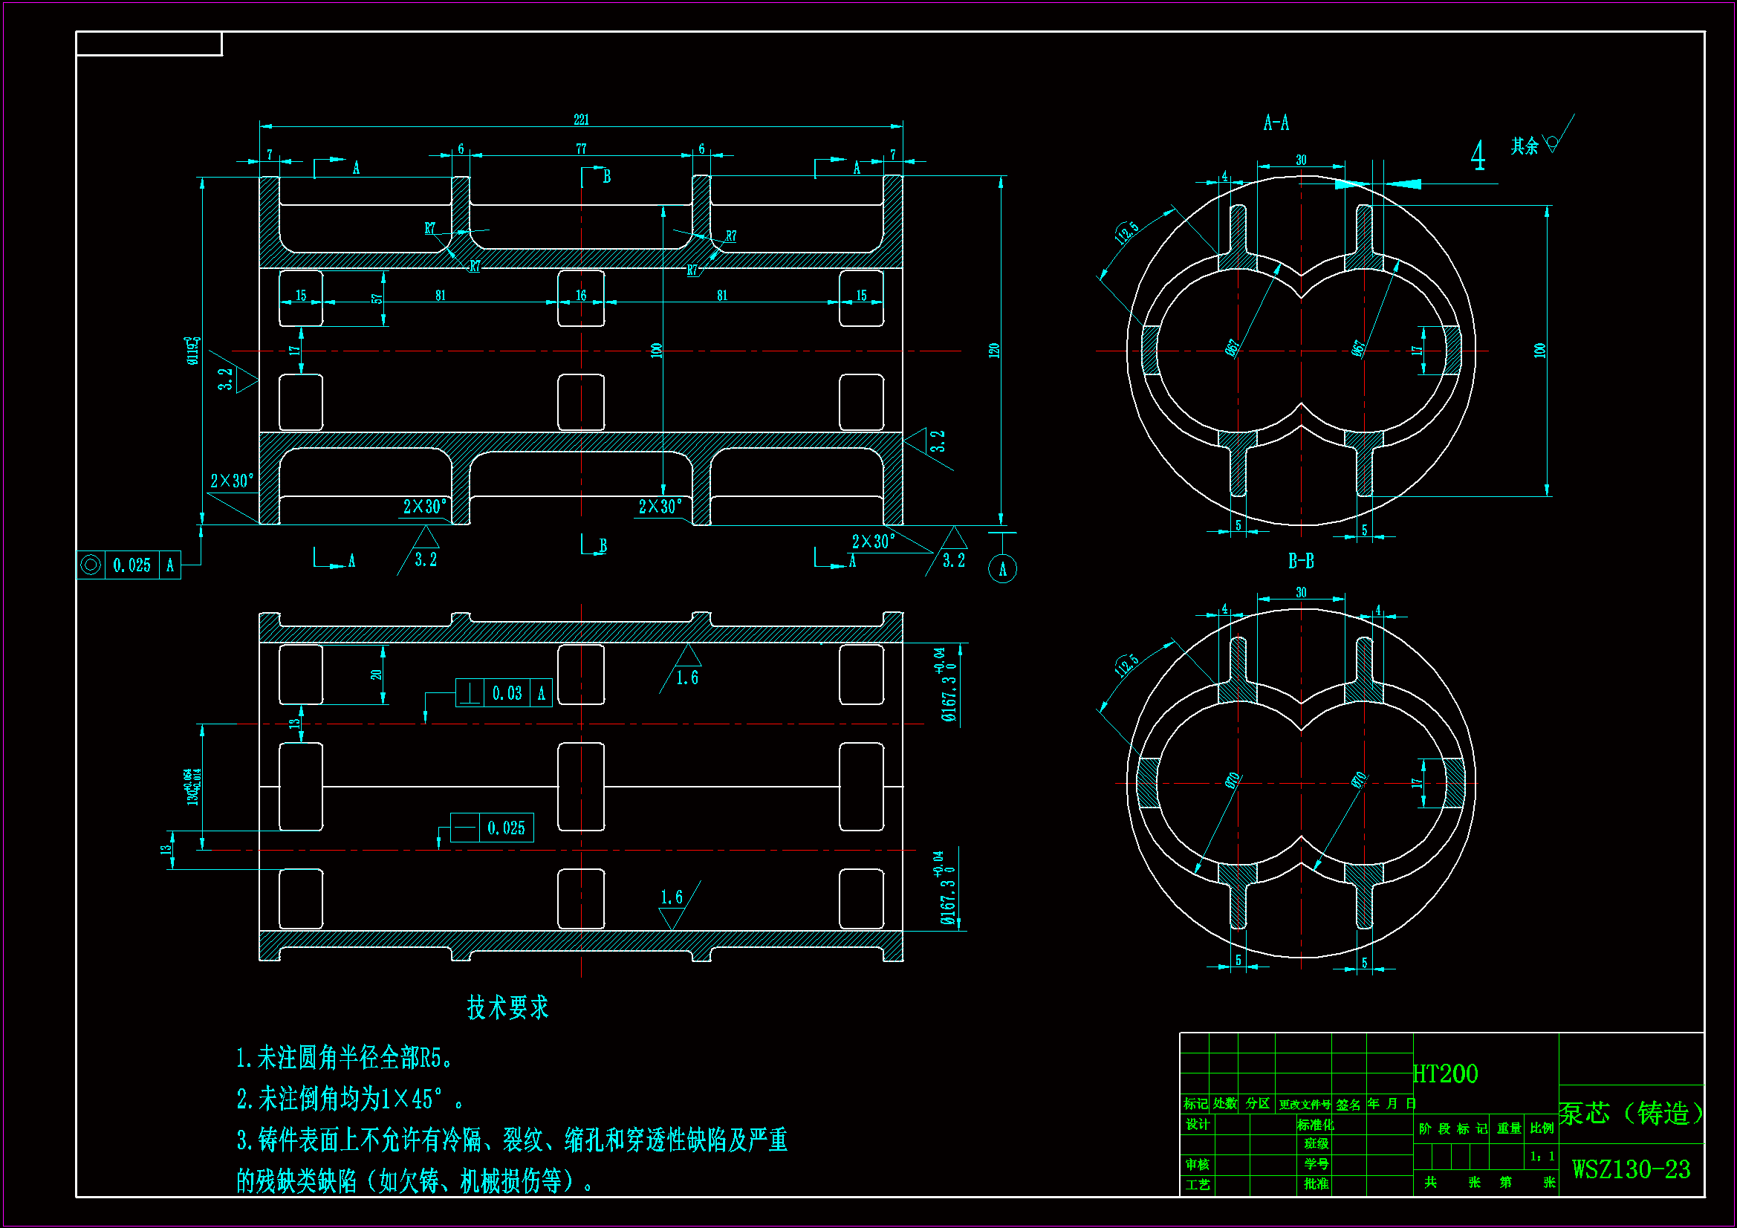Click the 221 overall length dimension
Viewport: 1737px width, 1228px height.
tap(580, 120)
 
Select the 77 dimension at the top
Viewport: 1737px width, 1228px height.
tap(580, 149)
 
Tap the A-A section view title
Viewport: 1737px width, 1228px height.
tap(1276, 123)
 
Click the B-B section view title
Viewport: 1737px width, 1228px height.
tap(1300, 562)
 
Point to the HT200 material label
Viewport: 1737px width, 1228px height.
tap(1445, 1073)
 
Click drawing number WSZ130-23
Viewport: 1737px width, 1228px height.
tap(1630, 1170)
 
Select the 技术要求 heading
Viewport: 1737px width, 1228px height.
tap(507, 1008)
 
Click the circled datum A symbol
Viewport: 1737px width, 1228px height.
tap(1002, 569)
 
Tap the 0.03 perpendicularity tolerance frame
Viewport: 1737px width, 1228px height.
tap(504, 693)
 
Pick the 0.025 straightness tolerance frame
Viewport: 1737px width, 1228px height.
tap(492, 828)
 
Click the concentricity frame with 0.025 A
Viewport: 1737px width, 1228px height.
tap(129, 565)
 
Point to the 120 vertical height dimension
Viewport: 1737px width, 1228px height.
tap(994, 351)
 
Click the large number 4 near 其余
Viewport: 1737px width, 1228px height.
tap(1478, 156)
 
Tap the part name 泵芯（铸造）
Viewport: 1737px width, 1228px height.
tap(1630, 1113)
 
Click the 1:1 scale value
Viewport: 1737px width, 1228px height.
tap(1541, 1156)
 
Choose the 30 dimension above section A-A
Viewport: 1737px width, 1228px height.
tap(1300, 160)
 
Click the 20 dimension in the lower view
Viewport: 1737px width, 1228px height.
tap(376, 674)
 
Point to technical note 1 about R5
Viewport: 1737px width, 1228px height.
tap(344, 1058)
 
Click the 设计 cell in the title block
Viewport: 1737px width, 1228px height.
tap(1197, 1124)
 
